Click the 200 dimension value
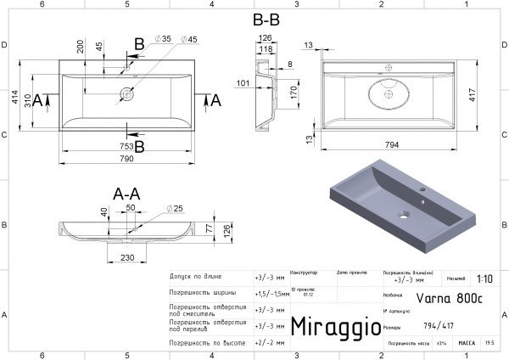pos(80,48)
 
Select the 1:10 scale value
pos(484,278)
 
